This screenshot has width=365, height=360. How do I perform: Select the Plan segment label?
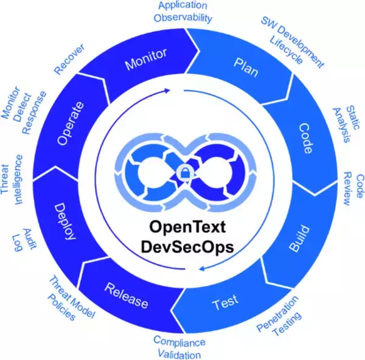[x=246, y=65]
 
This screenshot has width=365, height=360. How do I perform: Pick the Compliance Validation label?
[x=178, y=347]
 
